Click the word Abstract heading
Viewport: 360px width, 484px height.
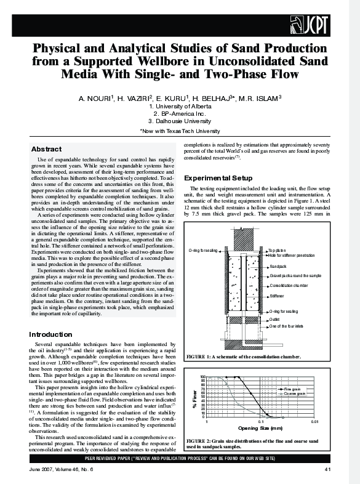46,149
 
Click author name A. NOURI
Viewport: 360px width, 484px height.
97,99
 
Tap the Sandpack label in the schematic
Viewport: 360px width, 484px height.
279,265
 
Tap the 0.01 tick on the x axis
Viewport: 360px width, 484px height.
314,421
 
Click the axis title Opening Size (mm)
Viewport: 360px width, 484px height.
260,428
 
